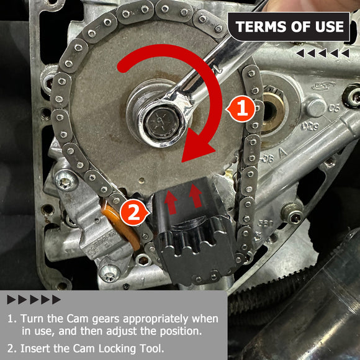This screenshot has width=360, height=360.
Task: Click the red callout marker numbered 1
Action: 241,109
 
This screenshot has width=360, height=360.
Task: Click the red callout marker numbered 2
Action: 134,213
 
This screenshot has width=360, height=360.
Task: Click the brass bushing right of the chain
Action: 272,112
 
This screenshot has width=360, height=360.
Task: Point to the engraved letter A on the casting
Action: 282,153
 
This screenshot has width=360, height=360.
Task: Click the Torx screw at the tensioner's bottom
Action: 109,274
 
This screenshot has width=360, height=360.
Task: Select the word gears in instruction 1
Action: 106,320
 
